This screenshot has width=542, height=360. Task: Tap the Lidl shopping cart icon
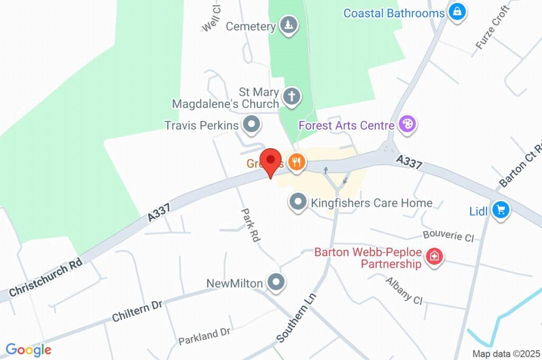pyautogui.click(x=500, y=210)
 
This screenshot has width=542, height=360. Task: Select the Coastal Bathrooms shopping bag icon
pyautogui.click(x=457, y=11)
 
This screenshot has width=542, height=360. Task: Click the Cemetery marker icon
pyautogui.click(x=288, y=25)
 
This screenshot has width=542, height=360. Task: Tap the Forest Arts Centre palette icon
pyautogui.click(x=408, y=125)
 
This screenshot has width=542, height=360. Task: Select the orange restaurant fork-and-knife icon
pyautogui.click(x=296, y=162)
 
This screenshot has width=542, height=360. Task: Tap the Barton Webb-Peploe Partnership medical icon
pyautogui.click(x=435, y=257)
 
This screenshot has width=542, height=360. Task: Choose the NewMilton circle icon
pyautogui.click(x=275, y=283)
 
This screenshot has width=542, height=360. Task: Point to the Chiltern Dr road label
pyautogui.click(x=137, y=311)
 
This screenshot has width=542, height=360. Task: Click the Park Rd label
pyautogui.click(x=250, y=225)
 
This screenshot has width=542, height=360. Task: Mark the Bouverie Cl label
pyautogui.click(x=448, y=236)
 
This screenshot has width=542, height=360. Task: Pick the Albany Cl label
pyautogui.click(x=403, y=291)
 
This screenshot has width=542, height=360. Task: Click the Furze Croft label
pyautogui.click(x=492, y=27)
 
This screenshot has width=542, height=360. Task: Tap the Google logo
pyautogui.click(x=29, y=349)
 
